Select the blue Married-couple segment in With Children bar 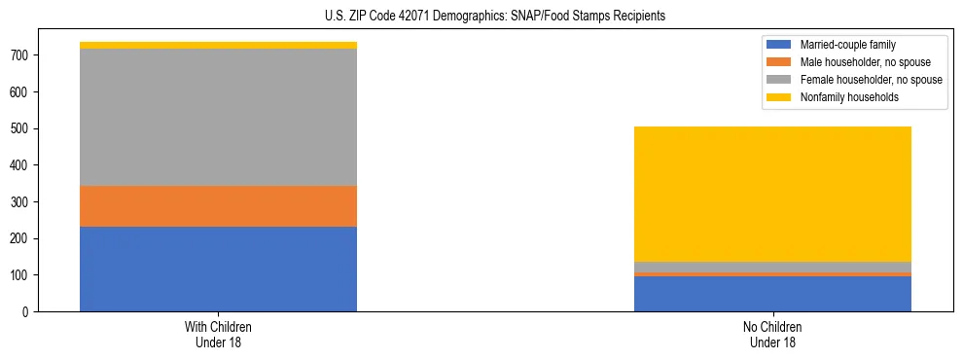[218, 269]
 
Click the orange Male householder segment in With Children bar [218, 206]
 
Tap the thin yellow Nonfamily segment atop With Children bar [218, 45]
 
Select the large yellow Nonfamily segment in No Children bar [772, 194]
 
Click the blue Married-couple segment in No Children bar [772, 294]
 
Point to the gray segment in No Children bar [772, 267]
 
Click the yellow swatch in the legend [779, 97]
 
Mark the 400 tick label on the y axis [22, 165]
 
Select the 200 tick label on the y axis [22, 238]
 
